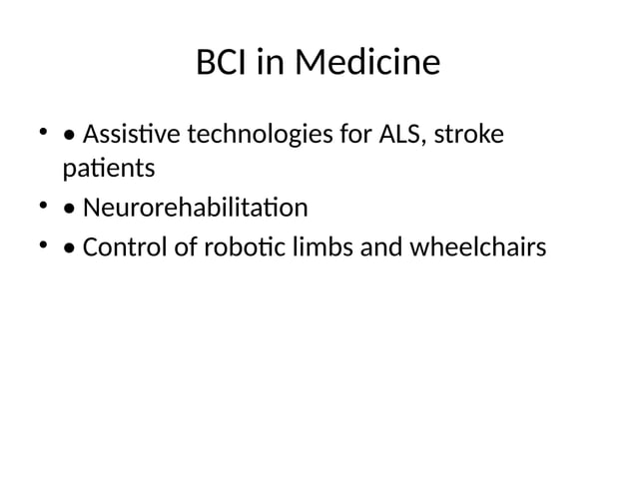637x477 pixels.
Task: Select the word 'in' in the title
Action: tap(271, 64)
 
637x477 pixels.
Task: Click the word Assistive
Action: tap(126, 134)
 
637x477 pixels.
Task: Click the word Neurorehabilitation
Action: tap(195, 209)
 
